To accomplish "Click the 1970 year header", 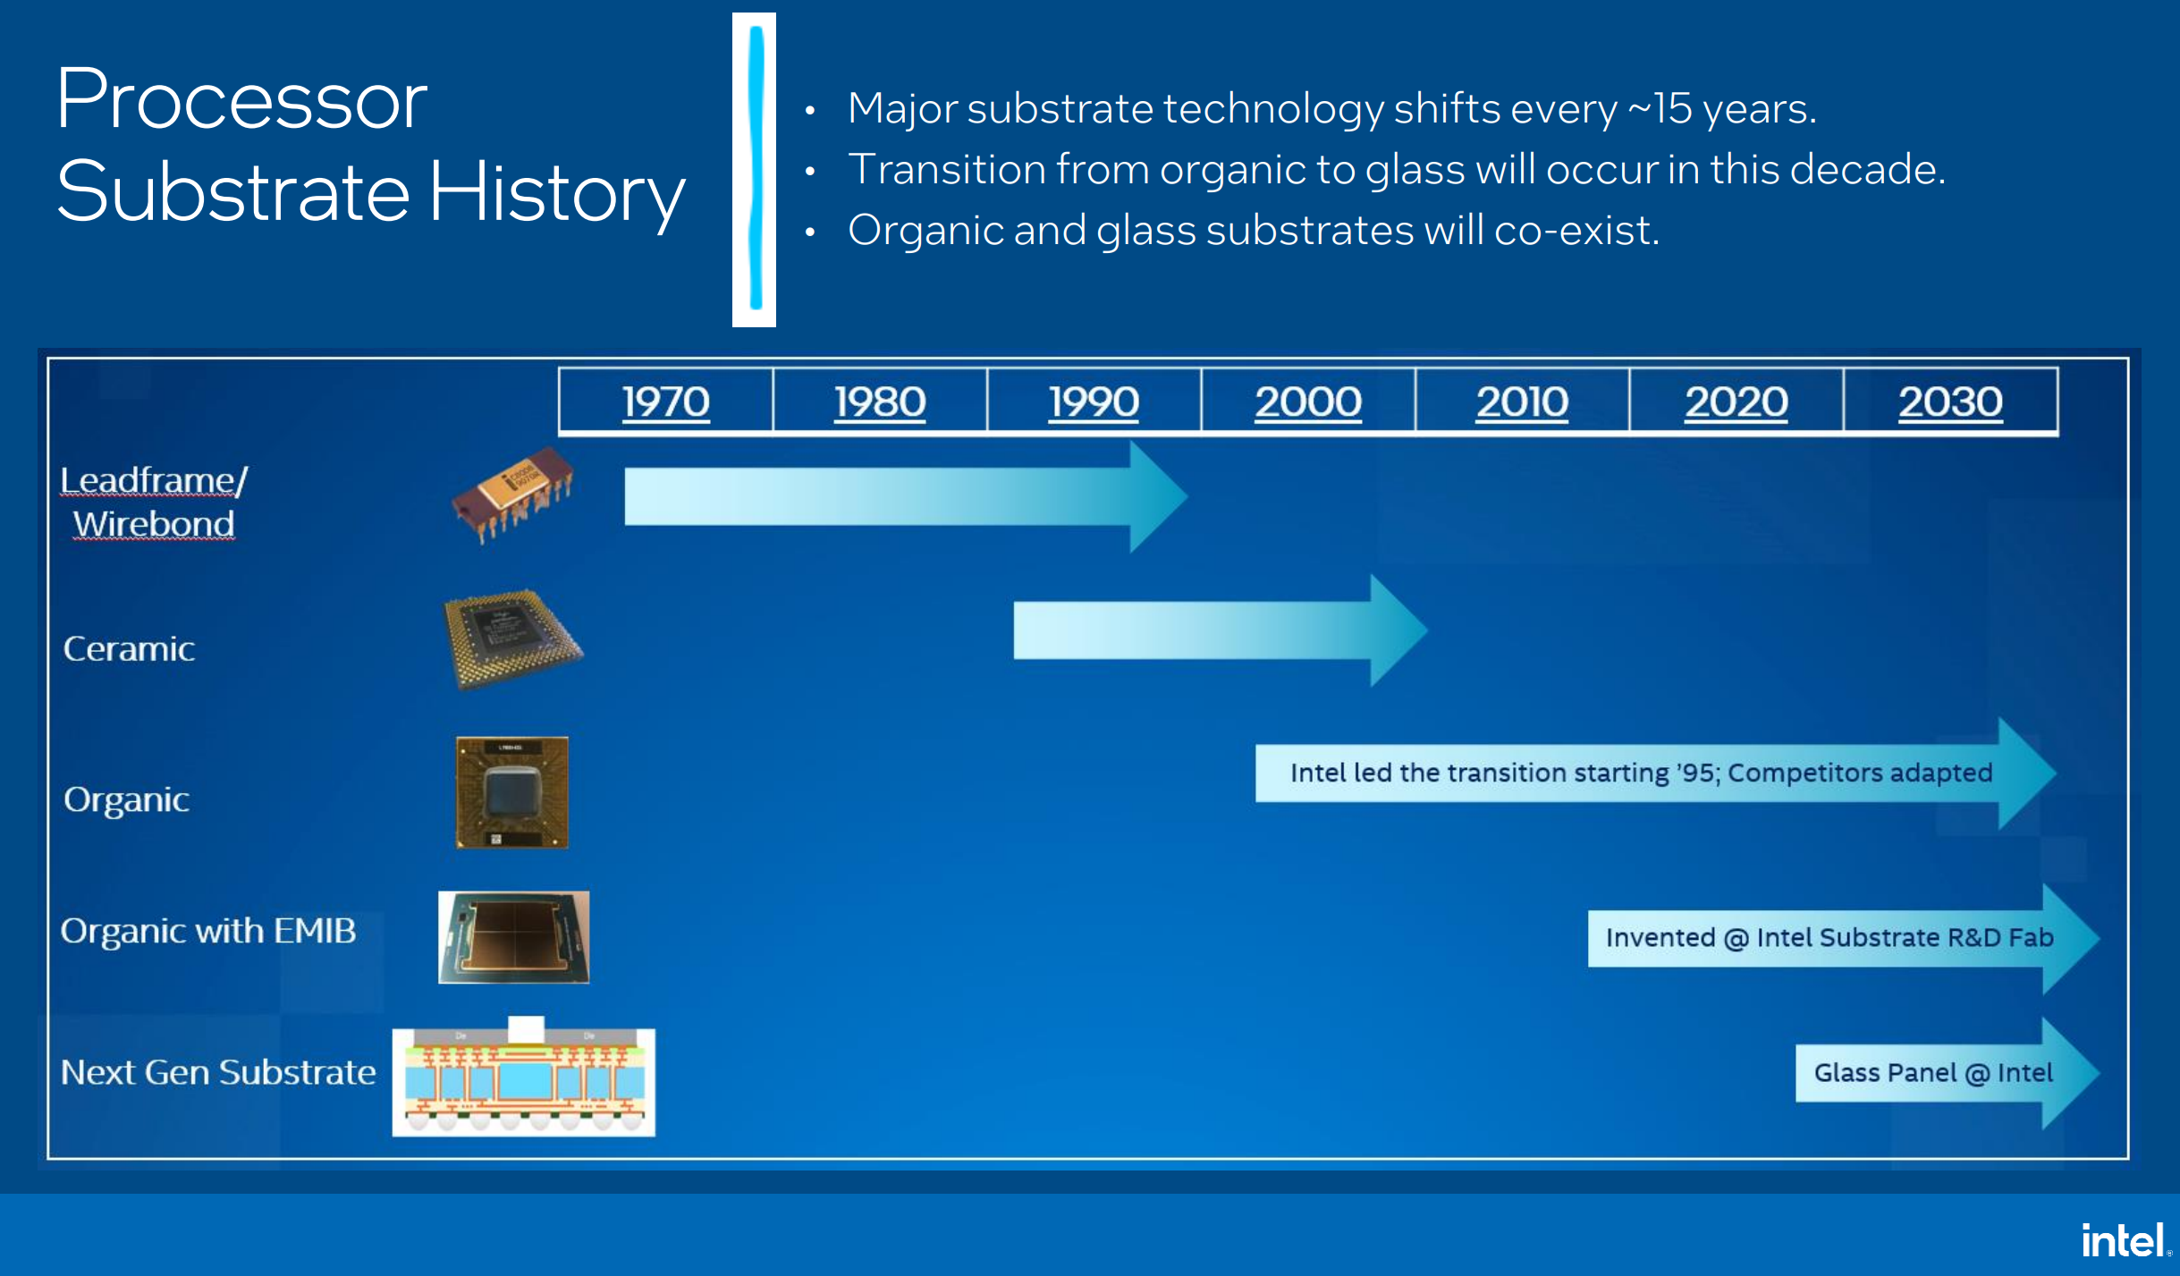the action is (666, 401).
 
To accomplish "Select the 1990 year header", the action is (1094, 401).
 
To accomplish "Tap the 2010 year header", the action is (1522, 401).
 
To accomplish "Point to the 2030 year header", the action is (1950, 401).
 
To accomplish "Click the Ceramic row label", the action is (130, 648).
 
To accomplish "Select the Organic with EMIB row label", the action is (208, 931).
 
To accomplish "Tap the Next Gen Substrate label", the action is (218, 1071).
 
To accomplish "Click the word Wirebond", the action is (154, 524).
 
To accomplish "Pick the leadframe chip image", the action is (513, 494).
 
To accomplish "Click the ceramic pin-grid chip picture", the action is (512, 638).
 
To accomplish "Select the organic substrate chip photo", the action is (512, 792).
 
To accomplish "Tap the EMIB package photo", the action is (514, 937).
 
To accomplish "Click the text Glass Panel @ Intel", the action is (1933, 1073).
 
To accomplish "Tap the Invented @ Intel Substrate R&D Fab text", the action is (1829, 937).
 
